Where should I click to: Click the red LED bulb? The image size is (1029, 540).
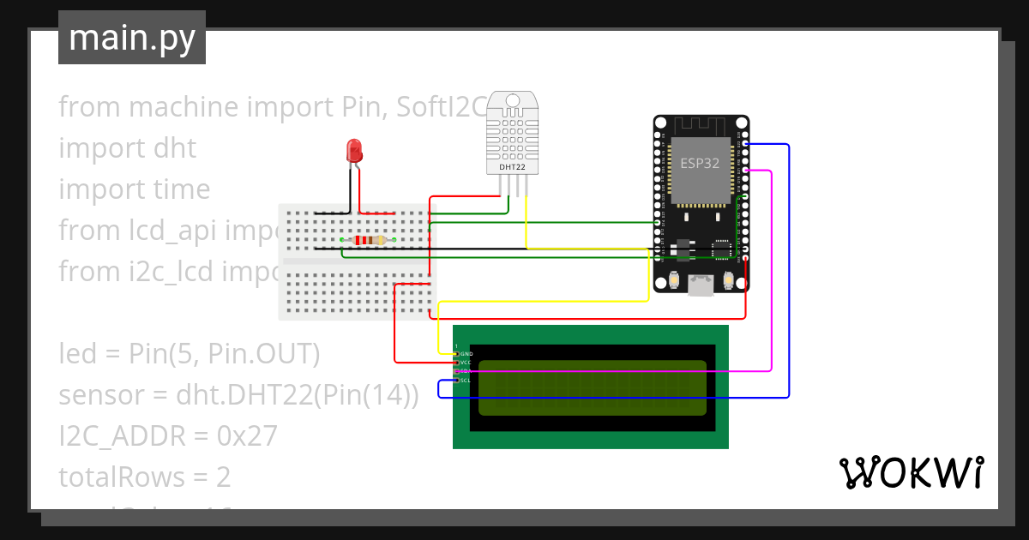pyautogui.click(x=353, y=151)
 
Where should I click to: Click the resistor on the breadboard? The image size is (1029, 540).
pyautogui.click(x=367, y=240)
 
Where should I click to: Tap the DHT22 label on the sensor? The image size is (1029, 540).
pyautogui.click(x=512, y=168)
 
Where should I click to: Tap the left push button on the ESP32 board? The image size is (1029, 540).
pyautogui.click(x=675, y=280)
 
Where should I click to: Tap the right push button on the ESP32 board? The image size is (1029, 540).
pyautogui.click(x=728, y=280)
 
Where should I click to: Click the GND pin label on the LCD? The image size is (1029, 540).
pyautogui.click(x=466, y=354)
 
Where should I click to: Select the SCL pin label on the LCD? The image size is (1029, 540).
pyautogui.click(x=465, y=380)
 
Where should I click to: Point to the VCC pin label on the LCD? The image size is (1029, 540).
pyautogui.click(x=466, y=363)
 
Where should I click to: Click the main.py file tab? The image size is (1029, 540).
pyautogui.click(x=132, y=38)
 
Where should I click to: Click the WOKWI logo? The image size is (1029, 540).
pyautogui.click(x=911, y=472)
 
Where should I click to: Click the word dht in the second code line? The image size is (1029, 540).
pyautogui.click(x=174, y=148)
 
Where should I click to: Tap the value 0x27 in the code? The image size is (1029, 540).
pyautogui.click(x=247, y=436)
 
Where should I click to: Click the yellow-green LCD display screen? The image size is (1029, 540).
pyautogui.click(x=592, y=387)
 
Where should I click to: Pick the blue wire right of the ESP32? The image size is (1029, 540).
pyautogui.click(x=788, y=257)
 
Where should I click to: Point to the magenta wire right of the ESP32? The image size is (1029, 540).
pyautogui.click(x=772, y=257)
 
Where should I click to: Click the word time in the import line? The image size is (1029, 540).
pyautogui.click(x=179, y=189)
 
